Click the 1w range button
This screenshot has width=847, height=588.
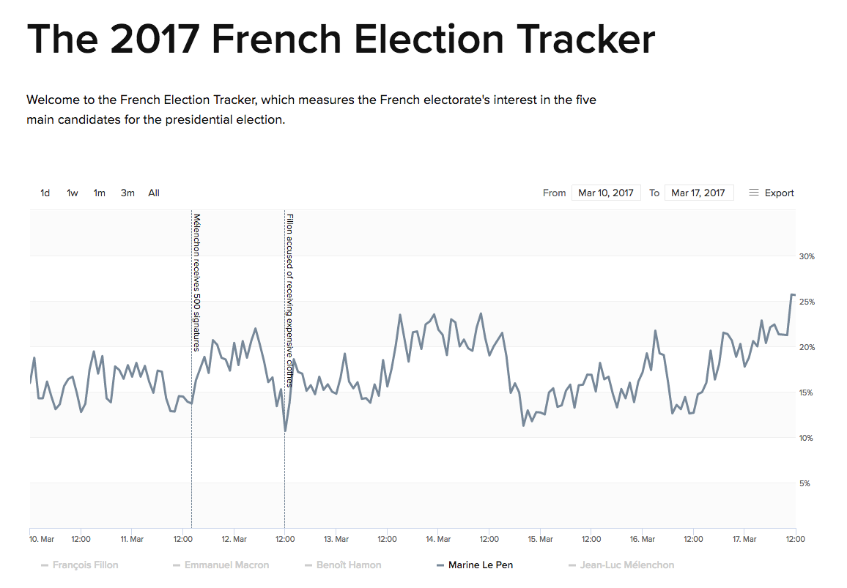tap(73, 193)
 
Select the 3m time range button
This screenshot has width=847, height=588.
tap(127, 193)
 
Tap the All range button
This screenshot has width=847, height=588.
tap(154, 193)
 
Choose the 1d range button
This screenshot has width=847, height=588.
tap(45, 193)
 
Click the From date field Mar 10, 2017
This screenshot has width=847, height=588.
tap(606, 193)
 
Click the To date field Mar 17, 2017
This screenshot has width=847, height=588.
tap(699, 193)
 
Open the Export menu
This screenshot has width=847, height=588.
tap(772, 193)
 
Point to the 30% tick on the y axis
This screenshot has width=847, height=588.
tap(807, 257)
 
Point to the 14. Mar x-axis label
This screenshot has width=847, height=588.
tap(437, 540)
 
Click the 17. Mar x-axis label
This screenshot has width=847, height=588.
tap(744, 540)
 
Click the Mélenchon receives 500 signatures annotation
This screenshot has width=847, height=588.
tap(196, 282)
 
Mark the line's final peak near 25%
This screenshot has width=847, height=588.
tap(792, 294)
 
